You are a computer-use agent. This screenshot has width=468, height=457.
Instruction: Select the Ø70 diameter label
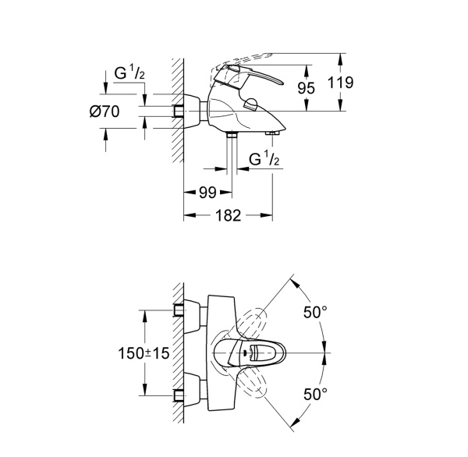coord(105,111)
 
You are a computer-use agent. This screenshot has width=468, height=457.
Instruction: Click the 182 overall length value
coord(227,214)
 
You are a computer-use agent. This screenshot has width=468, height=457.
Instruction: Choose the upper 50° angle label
coord(314,312)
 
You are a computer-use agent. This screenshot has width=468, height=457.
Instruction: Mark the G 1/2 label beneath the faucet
coord(264,161)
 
